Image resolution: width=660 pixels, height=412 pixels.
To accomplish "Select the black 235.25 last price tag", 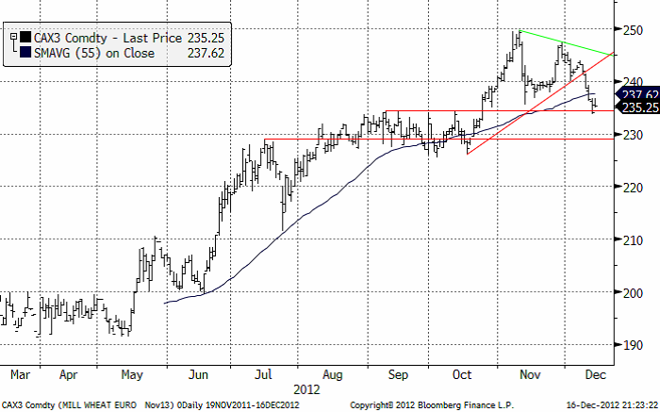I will pyautogui.click(x=636, y=108).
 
